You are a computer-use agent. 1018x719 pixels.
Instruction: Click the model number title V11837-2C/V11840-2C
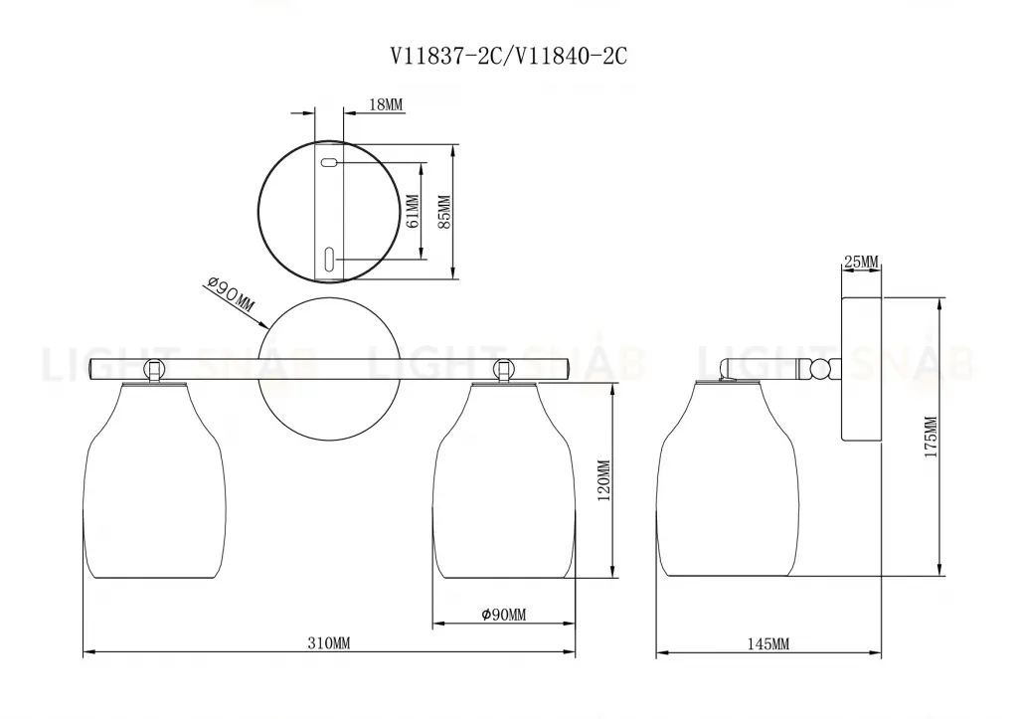(508, 57)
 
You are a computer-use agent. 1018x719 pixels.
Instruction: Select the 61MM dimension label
(414, 212)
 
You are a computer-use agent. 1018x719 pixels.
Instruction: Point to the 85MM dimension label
(444, 212)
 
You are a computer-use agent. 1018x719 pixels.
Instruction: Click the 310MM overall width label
(328, 643)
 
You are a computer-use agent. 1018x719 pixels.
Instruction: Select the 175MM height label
(931, 435)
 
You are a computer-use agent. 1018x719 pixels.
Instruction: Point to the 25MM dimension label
(861, 262)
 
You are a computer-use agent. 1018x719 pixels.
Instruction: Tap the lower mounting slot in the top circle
(329, 259)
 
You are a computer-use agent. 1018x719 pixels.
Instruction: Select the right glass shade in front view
(503, 482)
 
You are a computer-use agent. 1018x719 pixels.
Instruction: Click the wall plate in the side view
(861, 369)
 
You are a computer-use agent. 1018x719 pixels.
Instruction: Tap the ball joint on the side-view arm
(821, 370)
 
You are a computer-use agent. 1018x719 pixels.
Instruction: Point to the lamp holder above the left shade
(153, 370)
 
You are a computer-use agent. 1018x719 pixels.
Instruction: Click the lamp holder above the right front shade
(503, 370)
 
